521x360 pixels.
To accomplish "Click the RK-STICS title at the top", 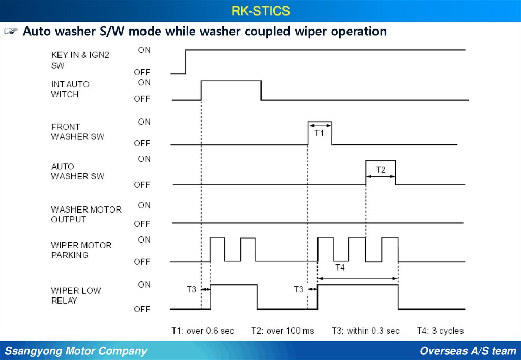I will coord(260,10).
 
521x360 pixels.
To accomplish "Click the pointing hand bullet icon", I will coord(11,32).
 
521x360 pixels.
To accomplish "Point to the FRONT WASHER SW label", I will coord(77,131).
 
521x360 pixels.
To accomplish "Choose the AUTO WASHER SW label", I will coord(77,171).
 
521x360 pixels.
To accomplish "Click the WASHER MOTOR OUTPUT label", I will coord(86,214).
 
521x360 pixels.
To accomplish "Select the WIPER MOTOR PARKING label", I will coord(81,250).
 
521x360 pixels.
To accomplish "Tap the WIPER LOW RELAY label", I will coord(76,295).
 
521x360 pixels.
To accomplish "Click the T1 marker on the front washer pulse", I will coord(320,132).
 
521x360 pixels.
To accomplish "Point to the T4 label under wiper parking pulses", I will coord(340,268).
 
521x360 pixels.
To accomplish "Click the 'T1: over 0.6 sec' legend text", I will coord(202,331).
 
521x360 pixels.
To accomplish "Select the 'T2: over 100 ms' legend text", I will coord(283,331).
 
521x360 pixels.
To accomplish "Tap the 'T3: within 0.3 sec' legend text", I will coord(366,331).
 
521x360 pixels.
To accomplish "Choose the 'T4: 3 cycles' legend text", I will coord(440,331).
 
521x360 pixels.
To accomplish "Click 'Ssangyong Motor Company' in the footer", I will coord(76,351).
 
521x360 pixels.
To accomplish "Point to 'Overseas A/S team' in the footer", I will coord(468,351).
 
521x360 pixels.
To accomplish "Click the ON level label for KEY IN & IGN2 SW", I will coord(144,50).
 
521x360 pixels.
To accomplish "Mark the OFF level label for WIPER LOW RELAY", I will coord(142,309).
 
